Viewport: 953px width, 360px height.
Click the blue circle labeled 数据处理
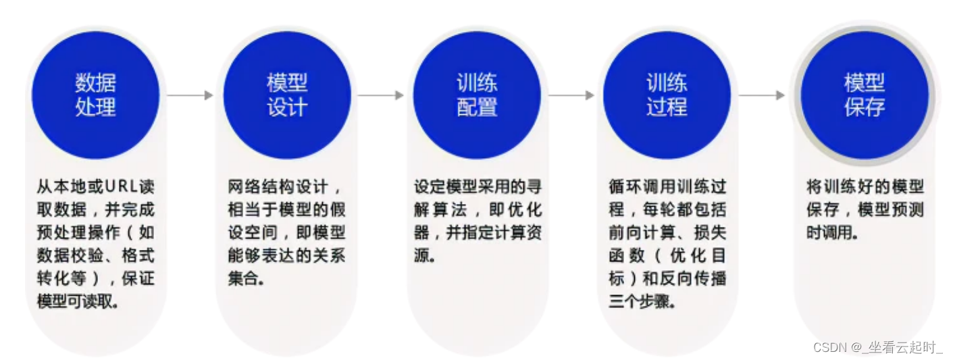pyautogui.click(x=95, y=95)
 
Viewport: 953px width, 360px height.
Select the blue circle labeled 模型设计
pyautogui.click(x=286, y=95)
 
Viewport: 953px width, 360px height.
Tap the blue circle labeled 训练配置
pyautogui.click(x=477, y=95)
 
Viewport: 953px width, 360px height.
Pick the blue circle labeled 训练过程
pyautogui.click(x=667, y=95)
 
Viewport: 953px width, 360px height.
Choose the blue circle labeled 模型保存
pyautogui.click(x=864, y=95)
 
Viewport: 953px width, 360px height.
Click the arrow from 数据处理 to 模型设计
pyautogui.click(x=190, y=95)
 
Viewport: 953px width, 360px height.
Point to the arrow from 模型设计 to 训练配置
pyautogui.click(x=380, y=95)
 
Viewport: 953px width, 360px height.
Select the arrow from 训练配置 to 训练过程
pyautogui.click(x=571, y=95)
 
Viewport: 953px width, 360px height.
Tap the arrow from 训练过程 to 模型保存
pyautogui.click(x=761, y=95)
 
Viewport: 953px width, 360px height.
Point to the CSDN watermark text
pyautogui.click(x=877, y=347)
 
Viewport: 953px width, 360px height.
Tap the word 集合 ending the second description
pyautogui.click(x=243, y=279)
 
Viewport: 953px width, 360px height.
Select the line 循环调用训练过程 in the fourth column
pyautogui.click(x=667, y=186)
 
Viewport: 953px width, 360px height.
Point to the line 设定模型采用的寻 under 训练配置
pyautogui.click(x=478, y=186)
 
